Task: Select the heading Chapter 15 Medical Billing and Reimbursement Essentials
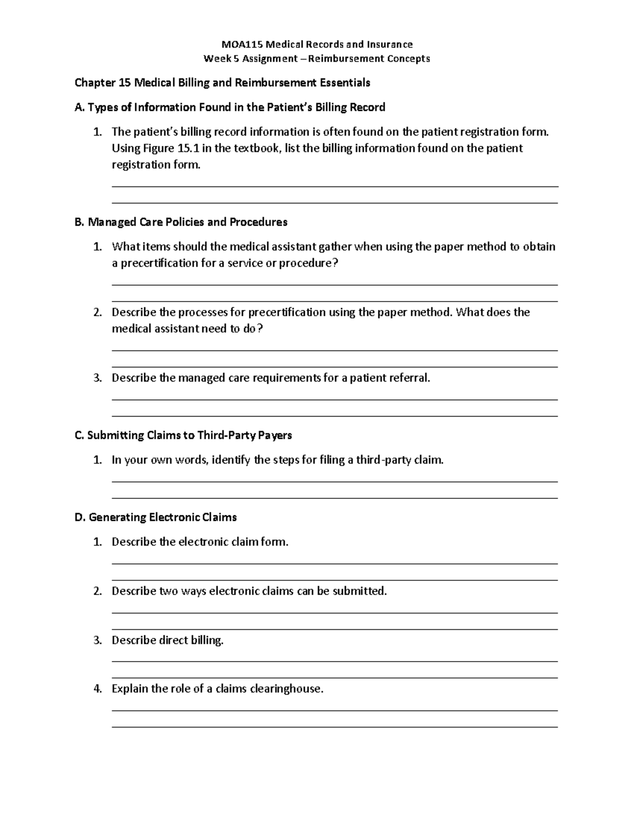[x=222, y=83]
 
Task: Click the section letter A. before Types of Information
[x=79, y=108]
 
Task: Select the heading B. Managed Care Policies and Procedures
[x=181, y=222]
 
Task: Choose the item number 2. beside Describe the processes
[x=97, y=313]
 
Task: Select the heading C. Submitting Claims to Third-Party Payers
[x=183, y=436]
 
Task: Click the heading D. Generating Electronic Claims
[x=155, y=517]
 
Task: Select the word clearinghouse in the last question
[x=286, y=689]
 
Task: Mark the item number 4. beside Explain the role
[x=97, y=689]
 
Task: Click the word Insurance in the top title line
[x=389, y=44]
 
